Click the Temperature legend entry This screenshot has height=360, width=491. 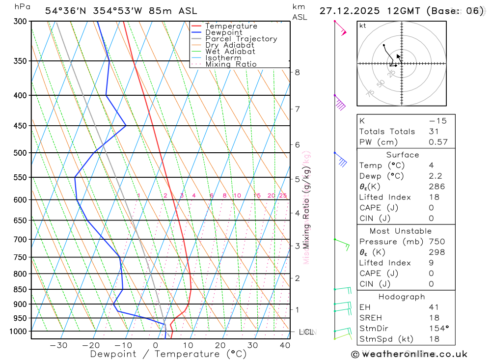pos(231,26)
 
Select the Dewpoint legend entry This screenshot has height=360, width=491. pos(223,32)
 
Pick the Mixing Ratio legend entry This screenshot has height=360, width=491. pos(231,64)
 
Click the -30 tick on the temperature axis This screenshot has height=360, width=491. pos(58,345)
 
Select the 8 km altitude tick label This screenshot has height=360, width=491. pos(297,72)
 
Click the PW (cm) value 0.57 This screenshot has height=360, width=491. pos(438,142)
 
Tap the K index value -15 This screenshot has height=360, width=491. pos(437,121)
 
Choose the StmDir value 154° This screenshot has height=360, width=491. pos(438,329)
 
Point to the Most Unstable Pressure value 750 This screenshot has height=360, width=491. pos(436,242)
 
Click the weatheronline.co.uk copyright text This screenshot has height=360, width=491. pos(409,354)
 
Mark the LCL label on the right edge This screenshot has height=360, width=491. pos(307,332)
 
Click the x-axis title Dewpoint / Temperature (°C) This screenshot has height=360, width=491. pos(168,354)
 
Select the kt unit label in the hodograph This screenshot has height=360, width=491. pos(363,26)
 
